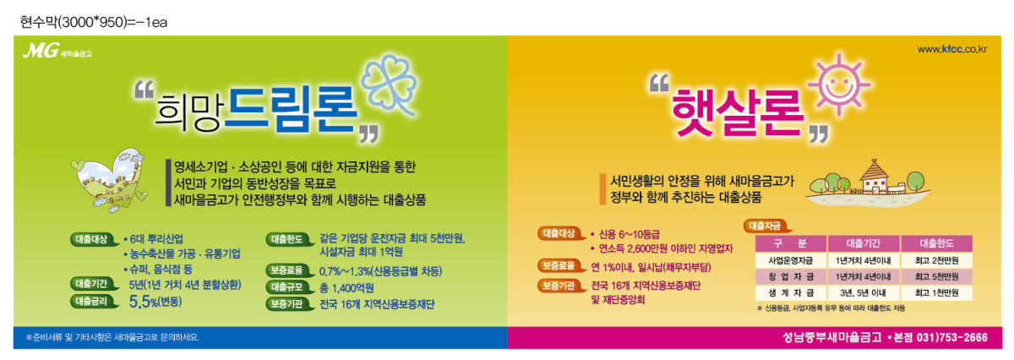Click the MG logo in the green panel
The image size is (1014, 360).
57,50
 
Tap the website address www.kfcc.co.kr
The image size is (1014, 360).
952,49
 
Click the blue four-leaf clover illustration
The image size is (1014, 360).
390,84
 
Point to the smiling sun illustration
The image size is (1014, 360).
839,85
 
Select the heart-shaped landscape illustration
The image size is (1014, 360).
110,180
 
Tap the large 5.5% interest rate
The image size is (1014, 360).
155,302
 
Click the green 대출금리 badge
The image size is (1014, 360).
94,302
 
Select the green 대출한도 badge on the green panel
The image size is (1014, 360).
289,239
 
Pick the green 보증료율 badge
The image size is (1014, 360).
289,270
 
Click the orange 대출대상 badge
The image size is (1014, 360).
560,233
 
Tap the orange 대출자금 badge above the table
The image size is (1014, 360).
767,226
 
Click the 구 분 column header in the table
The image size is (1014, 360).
790,243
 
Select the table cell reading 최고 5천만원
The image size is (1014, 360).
936,276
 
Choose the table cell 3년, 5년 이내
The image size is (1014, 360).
863,293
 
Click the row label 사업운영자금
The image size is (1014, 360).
790,260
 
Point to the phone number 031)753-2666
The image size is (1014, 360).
952,337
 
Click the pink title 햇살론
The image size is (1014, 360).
738,112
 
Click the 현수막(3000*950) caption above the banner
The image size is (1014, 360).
94,22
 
